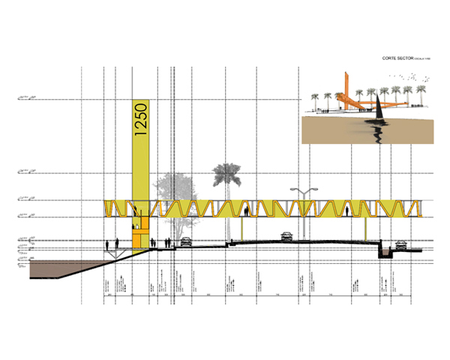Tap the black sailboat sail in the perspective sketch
pyautogui.click(x=382, y=110)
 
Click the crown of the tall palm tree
pyautogui.click(x=224, y=175)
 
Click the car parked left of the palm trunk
pyautogui.click(x=184, y=241)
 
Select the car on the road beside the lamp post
pyautogui.click(x=286, y=237)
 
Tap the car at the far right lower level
pyautogui.click(x=401, y=245)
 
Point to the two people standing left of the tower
pyautogui.click(x=112, y=244)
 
